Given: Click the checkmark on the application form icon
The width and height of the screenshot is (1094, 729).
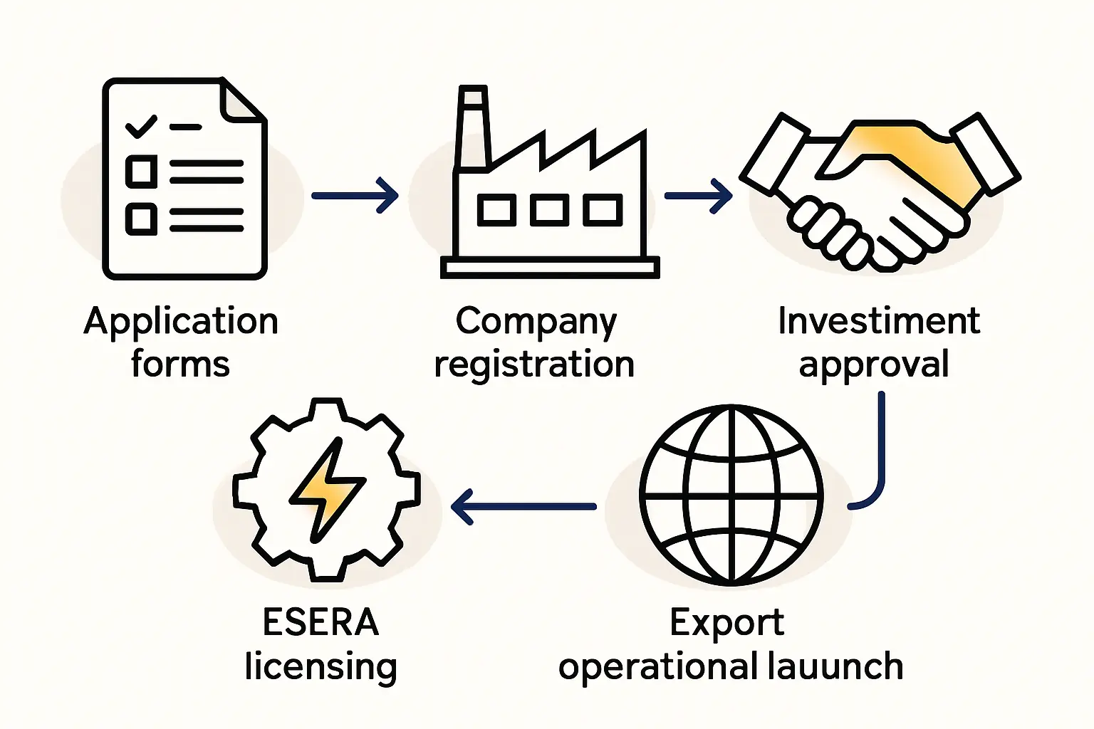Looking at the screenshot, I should (x=140, y=127).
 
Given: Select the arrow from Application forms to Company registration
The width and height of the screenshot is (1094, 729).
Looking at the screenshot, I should (x=354, y=195).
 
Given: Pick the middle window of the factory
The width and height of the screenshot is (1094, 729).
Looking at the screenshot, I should (x=549, y=210).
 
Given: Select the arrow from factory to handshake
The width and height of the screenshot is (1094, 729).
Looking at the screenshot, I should (x=697, y=195).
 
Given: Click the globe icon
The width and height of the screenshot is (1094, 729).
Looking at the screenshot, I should (x=731, y=495).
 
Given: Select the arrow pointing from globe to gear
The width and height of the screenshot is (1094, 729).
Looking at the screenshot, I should (x=523, y=507).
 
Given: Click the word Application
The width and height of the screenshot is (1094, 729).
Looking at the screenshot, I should (x=181, y=322).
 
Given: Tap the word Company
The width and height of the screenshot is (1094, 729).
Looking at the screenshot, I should (x=536, y=322).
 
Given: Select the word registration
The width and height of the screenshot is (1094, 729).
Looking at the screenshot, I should (x=534, y=364).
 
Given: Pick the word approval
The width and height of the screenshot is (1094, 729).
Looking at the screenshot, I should (x=874, y=364).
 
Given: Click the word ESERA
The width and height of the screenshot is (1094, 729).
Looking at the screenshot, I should (x=321, y=622).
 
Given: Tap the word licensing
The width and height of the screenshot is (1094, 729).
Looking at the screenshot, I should (x=321, y=667).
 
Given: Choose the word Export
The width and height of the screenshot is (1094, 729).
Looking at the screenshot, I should (x=726, y=624).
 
